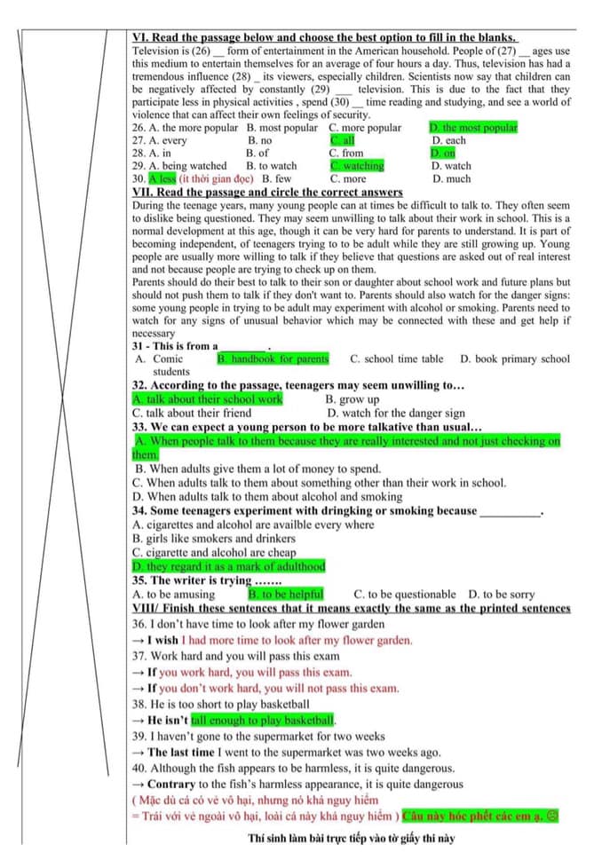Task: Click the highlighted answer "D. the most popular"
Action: [x=473, y=128]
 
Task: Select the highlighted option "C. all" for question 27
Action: [x=343, y=140]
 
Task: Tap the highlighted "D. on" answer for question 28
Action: [x=443, y=154]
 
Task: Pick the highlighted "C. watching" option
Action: [x=357, y=166]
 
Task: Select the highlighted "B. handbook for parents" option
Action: [x=273, y=359]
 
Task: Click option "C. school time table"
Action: [x=396, y=359]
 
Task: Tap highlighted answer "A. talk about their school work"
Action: [x=207, y=399]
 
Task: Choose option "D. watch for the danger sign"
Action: [x=395, y=413]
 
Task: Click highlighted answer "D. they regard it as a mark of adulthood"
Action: [x=228, y=566]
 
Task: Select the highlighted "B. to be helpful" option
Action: [x=286, y=594]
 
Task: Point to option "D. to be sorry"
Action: [x=502, y=594]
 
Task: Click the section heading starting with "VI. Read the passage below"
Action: [x=325, y=38]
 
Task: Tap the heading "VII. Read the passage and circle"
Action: [x=267, y=192]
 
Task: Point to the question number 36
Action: [x=139, y=624]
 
